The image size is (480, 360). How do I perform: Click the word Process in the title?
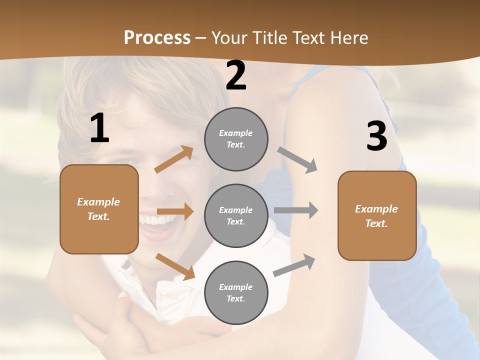157,38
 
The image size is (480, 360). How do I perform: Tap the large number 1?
99,129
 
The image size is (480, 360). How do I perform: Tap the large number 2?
236,75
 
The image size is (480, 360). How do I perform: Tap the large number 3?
376,136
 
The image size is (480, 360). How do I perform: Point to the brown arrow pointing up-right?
174,159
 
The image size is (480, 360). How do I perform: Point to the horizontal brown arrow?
175,211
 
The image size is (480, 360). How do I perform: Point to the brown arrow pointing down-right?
175,266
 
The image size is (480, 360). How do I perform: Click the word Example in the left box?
98,202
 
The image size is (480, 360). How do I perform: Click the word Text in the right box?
376,223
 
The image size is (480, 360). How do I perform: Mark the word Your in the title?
229,38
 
